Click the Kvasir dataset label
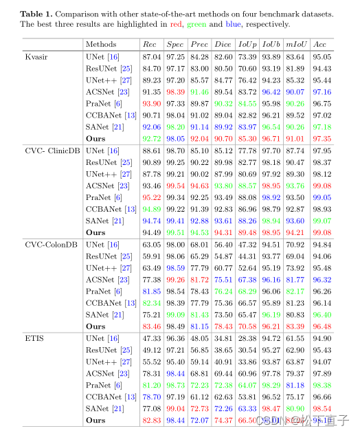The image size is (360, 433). pyautogui.click(x=36, y=56)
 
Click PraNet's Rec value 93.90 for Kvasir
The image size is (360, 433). pyautogui.click(x=150, y=103)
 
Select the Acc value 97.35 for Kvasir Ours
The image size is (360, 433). pyautogui.click(x=320, y=138)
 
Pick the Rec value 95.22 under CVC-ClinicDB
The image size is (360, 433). pyautogui.click(x=150, y=197)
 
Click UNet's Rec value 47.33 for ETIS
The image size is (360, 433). pyautogui.click(x=150, y=338)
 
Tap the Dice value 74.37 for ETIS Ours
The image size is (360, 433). pyautogui.click(x=223, y=420)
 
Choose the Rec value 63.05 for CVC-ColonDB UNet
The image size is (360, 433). pyautogui.click(x=150, y=244)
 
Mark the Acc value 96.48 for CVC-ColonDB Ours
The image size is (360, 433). pyautogui.click(x=320, y=326)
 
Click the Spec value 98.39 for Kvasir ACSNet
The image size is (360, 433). pyautogui.click(x=175, y=91)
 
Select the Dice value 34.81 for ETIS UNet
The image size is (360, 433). pyautogui.click(x=223, y=338)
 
